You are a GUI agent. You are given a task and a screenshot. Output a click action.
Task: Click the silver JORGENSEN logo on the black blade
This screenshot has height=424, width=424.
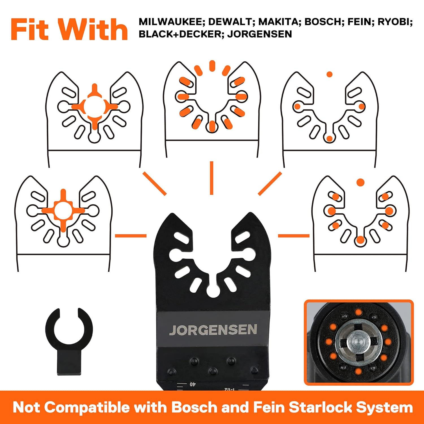click(x=213, y=330)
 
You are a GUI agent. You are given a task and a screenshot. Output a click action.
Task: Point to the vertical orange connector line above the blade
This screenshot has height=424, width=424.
click(x=211, y=178)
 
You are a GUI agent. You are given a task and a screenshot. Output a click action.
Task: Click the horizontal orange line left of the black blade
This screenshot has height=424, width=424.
click(x=131, y=235)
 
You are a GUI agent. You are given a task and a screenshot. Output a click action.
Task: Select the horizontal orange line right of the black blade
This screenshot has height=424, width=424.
click(x=294, y=235)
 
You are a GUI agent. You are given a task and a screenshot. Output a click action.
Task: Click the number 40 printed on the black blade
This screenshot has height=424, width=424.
click(x=192, y=384)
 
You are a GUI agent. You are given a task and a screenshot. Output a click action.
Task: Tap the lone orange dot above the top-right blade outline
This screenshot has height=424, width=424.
click(x=329, y=74)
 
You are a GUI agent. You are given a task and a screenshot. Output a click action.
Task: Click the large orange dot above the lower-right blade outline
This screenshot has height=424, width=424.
click(x=360, y=182)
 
